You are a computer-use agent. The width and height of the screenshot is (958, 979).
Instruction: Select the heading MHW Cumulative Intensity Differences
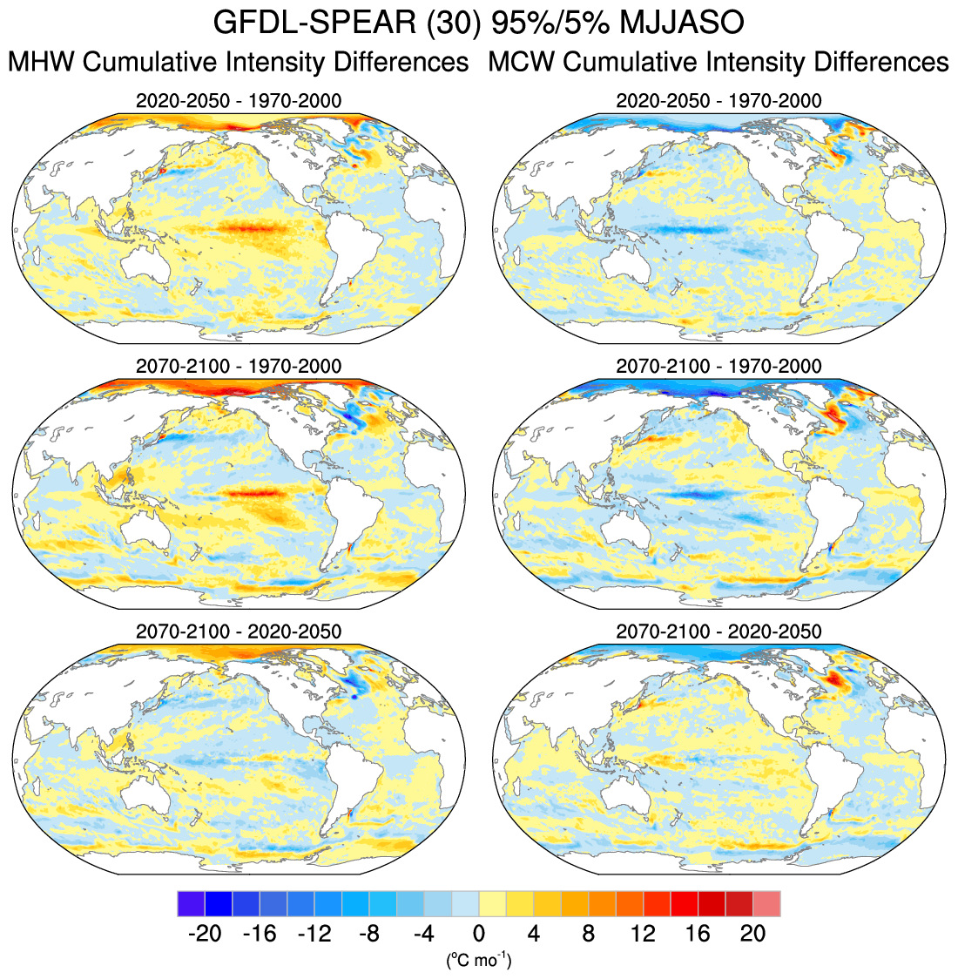[238, 63]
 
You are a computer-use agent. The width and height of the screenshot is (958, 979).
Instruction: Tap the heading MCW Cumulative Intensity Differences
[718, 63]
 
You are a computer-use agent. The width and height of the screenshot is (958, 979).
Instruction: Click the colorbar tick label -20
[204, 934]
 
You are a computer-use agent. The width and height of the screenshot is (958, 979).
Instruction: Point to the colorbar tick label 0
[478, 934]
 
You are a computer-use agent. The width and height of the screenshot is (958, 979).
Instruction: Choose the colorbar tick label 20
[752, 934]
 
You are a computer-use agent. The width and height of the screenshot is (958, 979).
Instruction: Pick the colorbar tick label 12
[643, 934]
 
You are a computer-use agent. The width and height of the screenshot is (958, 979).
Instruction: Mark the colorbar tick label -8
[368, 934]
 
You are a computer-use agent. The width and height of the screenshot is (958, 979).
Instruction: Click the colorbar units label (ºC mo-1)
[478, 961]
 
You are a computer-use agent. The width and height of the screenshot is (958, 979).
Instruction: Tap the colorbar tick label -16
[259, 934]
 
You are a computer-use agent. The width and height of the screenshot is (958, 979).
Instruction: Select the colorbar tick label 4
[533, 934]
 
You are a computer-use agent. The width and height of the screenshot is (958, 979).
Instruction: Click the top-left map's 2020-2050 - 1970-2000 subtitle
[239, 101]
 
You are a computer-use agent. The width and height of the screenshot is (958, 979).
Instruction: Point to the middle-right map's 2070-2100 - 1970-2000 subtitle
[718, 366]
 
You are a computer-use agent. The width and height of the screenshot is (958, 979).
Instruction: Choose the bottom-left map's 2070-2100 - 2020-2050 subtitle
[239, 631]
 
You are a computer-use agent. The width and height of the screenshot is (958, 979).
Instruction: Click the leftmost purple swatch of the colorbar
[190, 903]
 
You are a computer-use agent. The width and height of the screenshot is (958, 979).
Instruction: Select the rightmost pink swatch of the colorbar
[766, 903]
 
